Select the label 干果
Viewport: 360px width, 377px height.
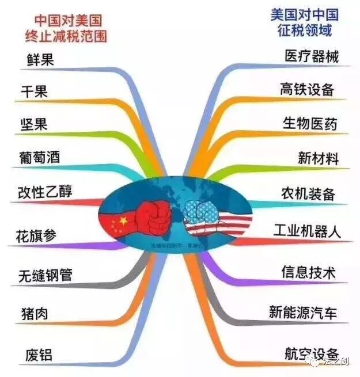pyautogui.click(x=34, y=92)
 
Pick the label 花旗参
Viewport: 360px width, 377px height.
pyautogui.click(x=40, y=236)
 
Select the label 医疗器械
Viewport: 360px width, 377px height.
pyautogui.click(x=312, y=56)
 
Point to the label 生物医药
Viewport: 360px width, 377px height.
pyautogui.click(x=309, y=123)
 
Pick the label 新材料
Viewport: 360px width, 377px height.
pyautogui.click(x=318, y=157)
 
